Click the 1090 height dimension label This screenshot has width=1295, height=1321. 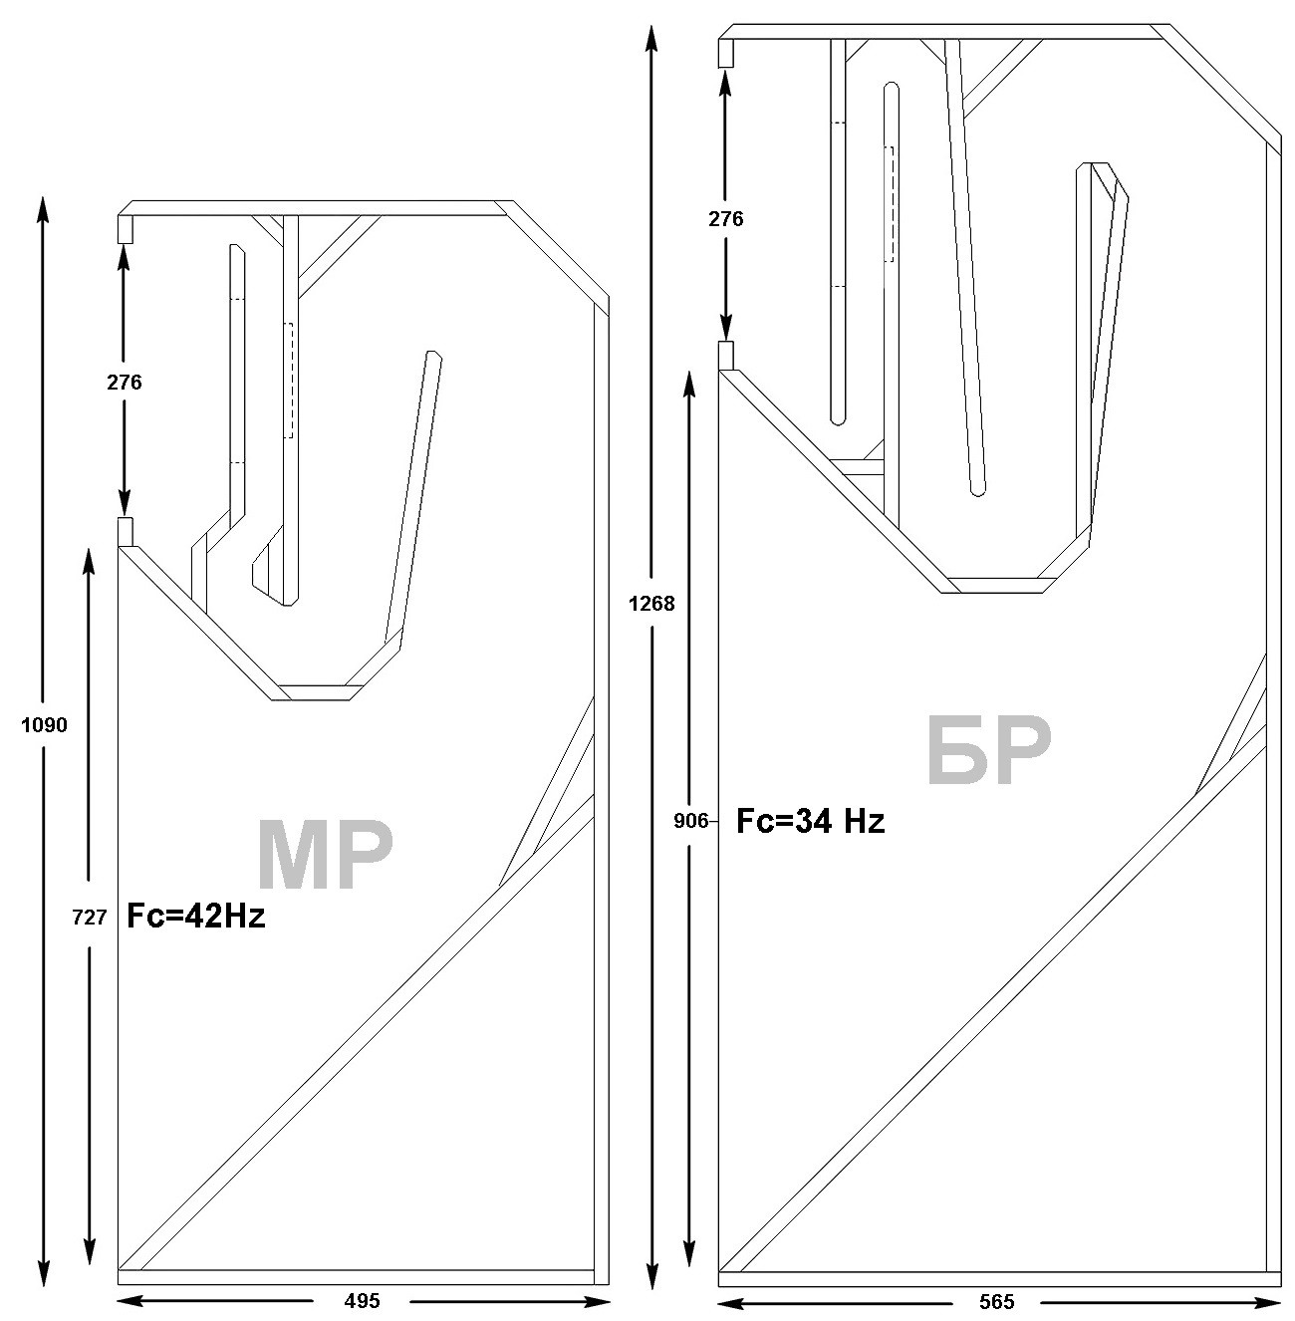pos(44,724)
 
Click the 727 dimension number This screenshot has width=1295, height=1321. pos(89,918)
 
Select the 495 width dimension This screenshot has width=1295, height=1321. pos(362,1301)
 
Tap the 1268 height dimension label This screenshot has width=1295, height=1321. pos(651,604)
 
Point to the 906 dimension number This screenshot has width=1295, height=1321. pos(690,821)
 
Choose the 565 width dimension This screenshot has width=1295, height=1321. pos(996,1302)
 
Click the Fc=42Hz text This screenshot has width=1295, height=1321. pos(196,916)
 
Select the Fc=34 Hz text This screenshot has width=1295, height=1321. pos(810,821)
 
